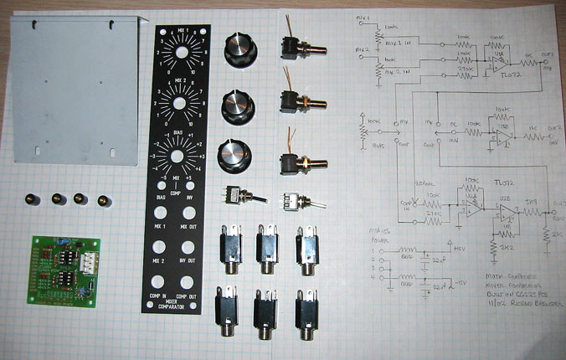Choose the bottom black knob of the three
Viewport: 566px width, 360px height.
pos(233,155)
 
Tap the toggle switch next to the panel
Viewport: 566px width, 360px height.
pos(232,197)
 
